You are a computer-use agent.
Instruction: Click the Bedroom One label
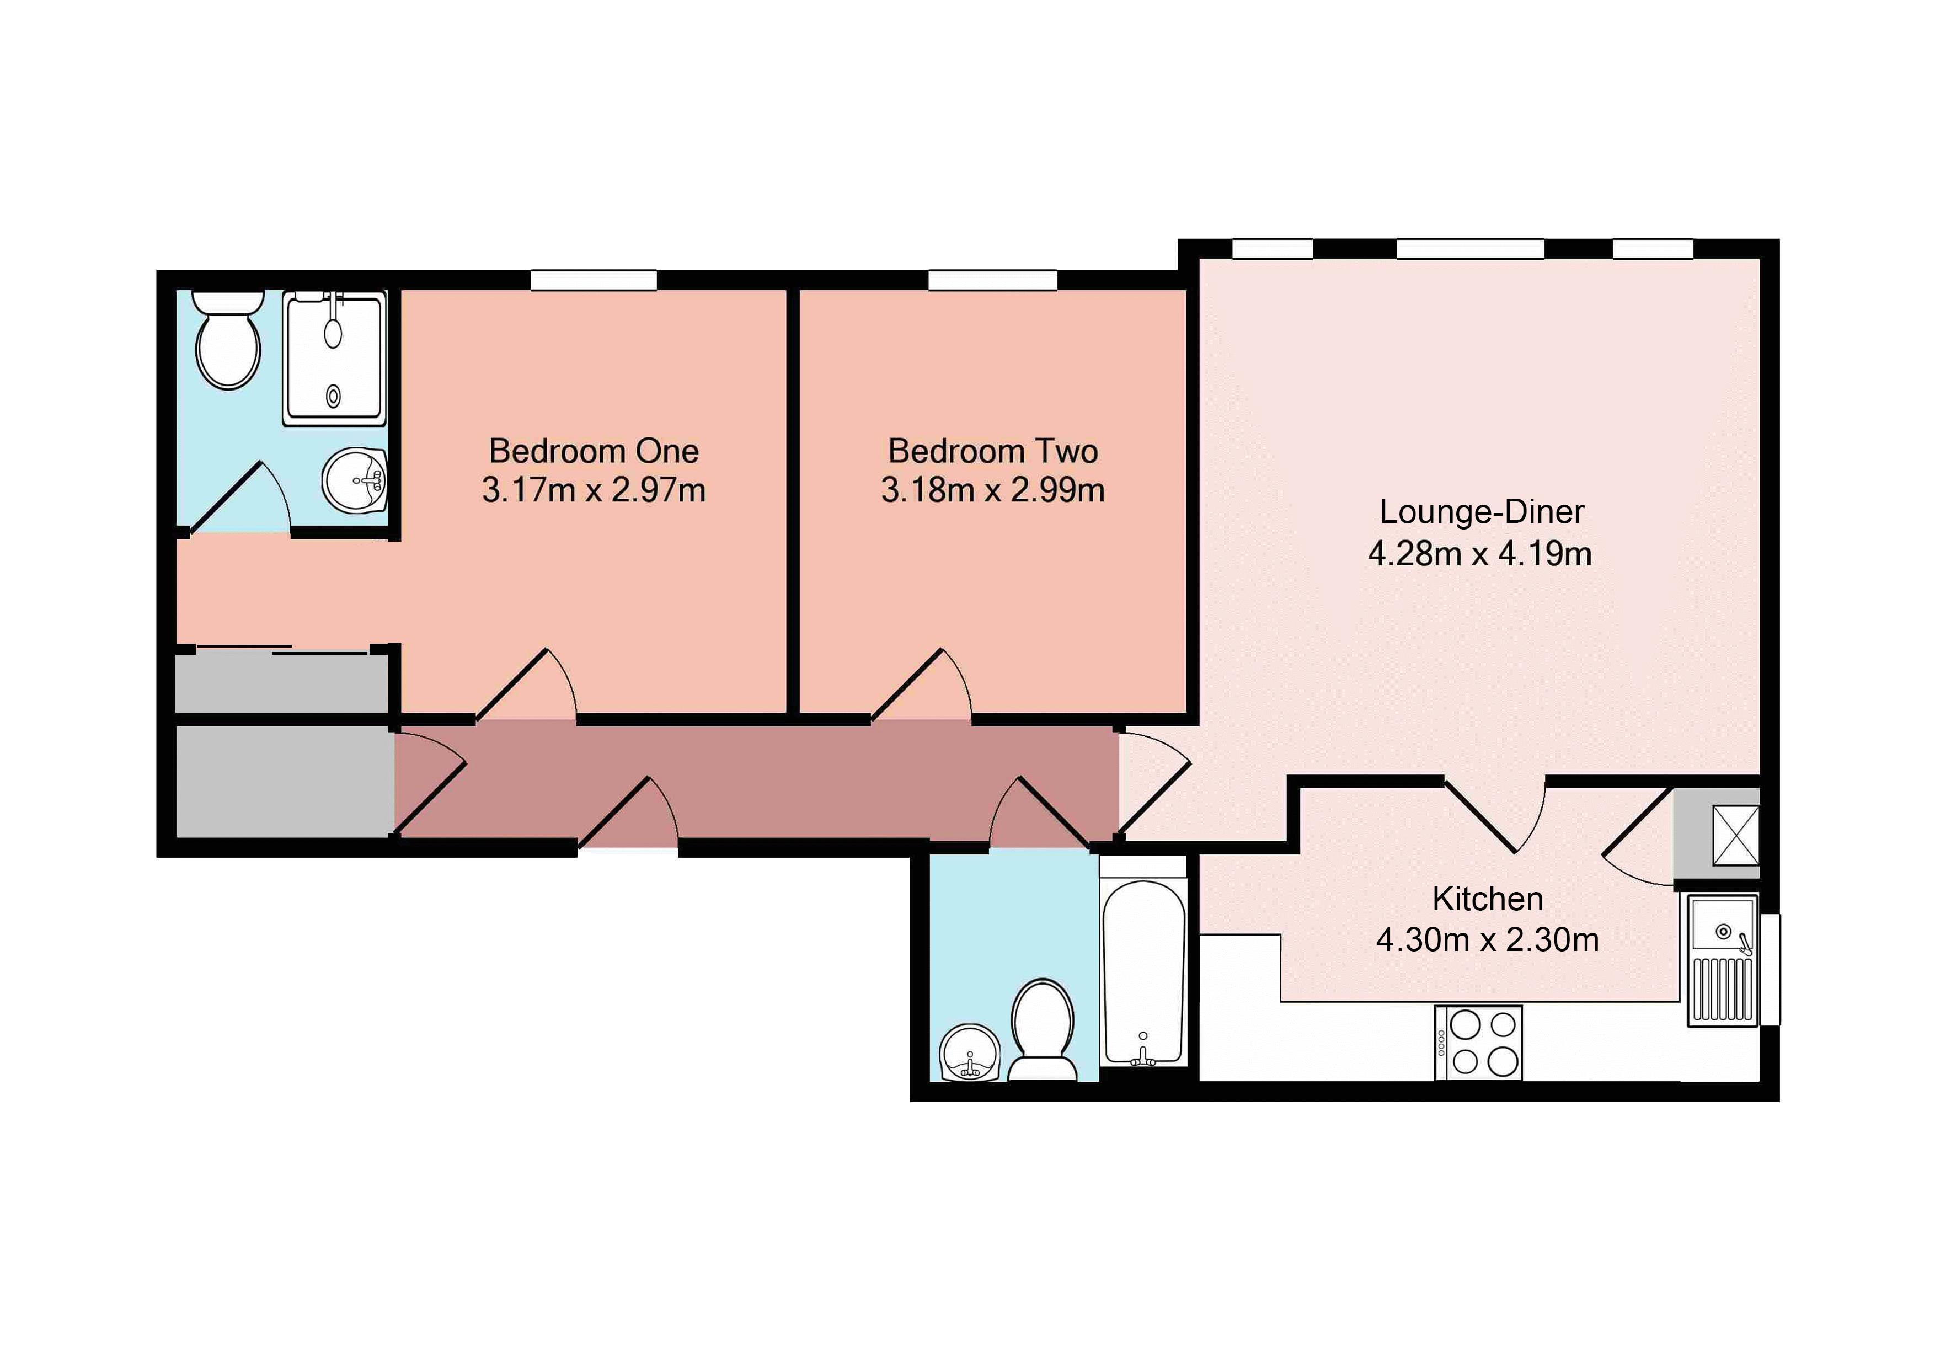[x=594, y=451]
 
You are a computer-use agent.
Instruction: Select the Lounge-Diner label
[x=1480, y=512]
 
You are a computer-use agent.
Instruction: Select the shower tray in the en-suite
[x=335, y=358]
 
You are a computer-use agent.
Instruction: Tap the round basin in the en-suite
[x=355, y=479]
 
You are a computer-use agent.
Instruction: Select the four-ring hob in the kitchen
[x=1478, y=1043]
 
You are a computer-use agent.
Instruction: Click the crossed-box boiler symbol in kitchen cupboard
[x=1735, y=835]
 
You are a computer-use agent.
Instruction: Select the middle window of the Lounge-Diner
[x=1470, y=249]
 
